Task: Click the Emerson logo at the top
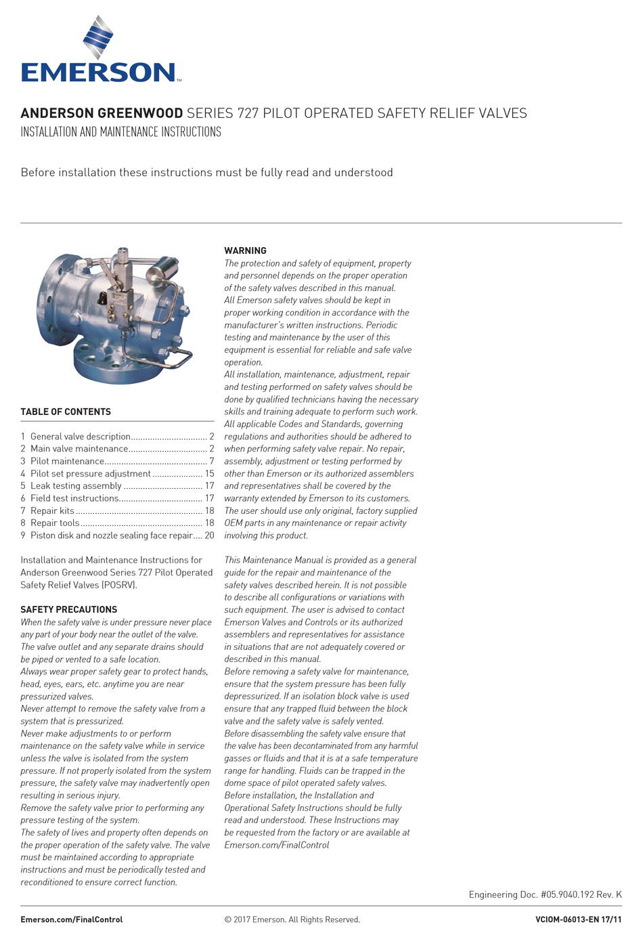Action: pyautogui.click(x=100, y=51)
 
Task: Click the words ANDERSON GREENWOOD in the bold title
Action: pyautogui.click(x=102, y=113)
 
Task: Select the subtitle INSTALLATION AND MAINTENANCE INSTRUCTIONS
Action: pyautogui.click(x=120, y=132)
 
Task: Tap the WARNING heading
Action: pyautogui.click(x=245, y=250)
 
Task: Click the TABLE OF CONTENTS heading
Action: pyautogui.click(x=66, y=412)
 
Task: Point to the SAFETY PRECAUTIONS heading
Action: pyautogui.click(x=68, y=609)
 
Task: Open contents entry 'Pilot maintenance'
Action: pyautogui.click(x=67, y=461)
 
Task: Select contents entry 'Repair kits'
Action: pyautogui.click(x=52, y=510)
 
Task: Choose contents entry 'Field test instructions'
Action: pyautogui.click(x=74, y=498)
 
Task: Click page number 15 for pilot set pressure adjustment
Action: pyautogui.click(x=209, y=474)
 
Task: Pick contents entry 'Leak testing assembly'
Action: pyautogui.click(x=76, y=486)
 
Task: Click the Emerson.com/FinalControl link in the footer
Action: pyautogui.click(x=72, y=919)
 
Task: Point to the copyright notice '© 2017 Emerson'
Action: pyautogui.click(x=292, y=919)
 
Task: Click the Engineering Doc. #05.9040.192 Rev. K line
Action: pyautogui.click(x=545, y=894)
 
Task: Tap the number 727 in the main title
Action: pyautogui.click(x=248, y=113)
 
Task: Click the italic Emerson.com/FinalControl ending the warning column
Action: pyautogui.click(x=276, y=845)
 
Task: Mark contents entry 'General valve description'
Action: pyautogui.click(x=80, y=437)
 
